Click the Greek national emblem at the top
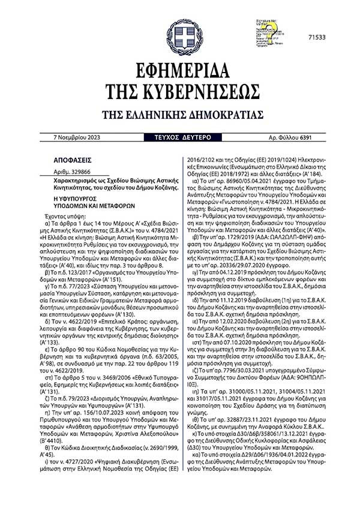[x=184, y=37]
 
